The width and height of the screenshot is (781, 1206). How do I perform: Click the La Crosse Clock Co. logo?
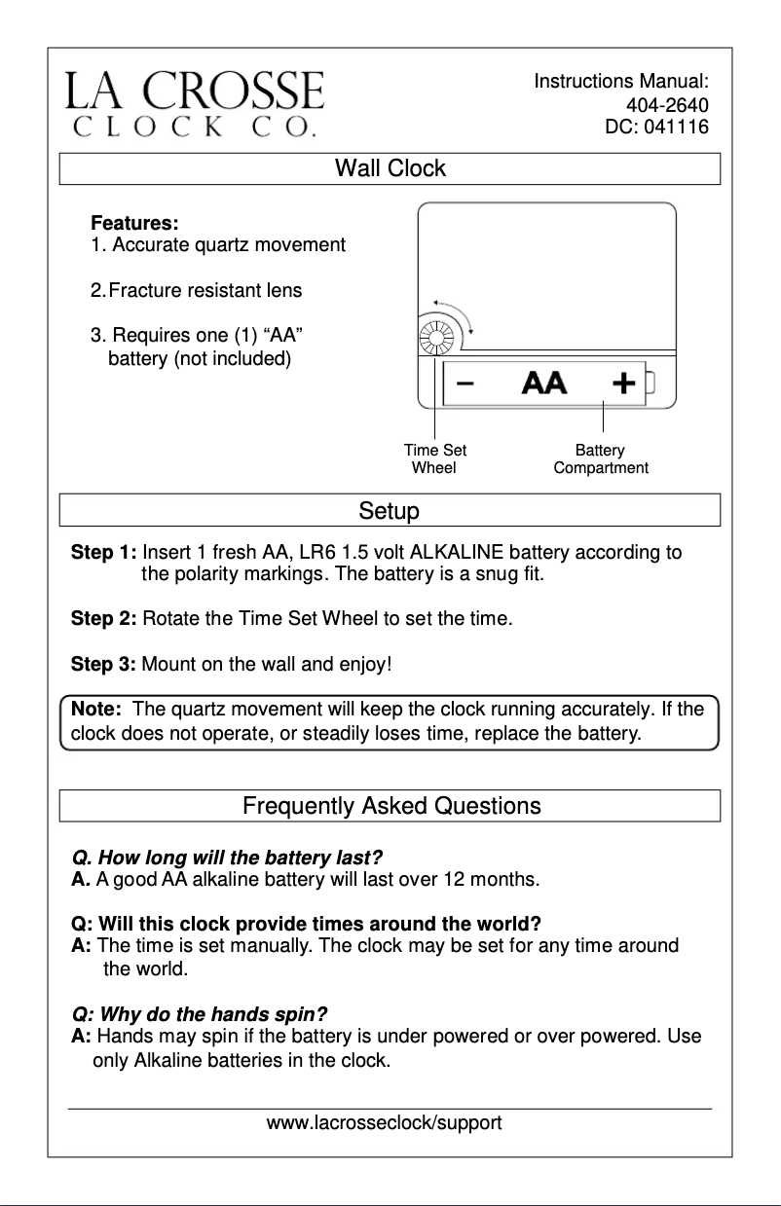pyautogui.click(x=194, y=102)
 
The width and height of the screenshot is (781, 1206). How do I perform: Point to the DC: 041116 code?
pyautogui.click(x=656, y=127)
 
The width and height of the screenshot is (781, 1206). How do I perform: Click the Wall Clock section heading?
pyautogui.click(x=390, y=168)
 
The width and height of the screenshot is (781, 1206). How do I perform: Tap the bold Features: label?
pyautogui.click(x=133, y=224)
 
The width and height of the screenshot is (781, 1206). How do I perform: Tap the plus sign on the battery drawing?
pyautogui.click(x=623, y=383)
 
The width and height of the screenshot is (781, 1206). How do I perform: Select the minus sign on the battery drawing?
pyautogui.click(x=465, y=383)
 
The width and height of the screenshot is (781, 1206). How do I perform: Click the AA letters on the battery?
pyautogui.click(x=544, y=383)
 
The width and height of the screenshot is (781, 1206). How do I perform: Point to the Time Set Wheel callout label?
pyautogui.click(x=434, y=458)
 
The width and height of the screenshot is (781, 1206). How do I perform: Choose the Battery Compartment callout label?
pyautogui.click(x=600, y=458)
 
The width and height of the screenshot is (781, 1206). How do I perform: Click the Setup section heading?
pyautogui.click(x=389, y=511)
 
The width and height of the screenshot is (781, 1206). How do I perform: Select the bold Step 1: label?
pyautogui.click(x=103, y=553)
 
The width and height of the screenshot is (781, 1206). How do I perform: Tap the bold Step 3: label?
pyautogui.click(x=103, y=665)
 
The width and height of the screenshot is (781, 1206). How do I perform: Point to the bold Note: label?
pyautogui.click(x=95, y=709)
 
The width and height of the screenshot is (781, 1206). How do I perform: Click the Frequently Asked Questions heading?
pyautogui.click(x=390, y=806)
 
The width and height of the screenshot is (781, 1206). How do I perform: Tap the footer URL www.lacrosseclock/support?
pyautogui.click(x=385, y=1123)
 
